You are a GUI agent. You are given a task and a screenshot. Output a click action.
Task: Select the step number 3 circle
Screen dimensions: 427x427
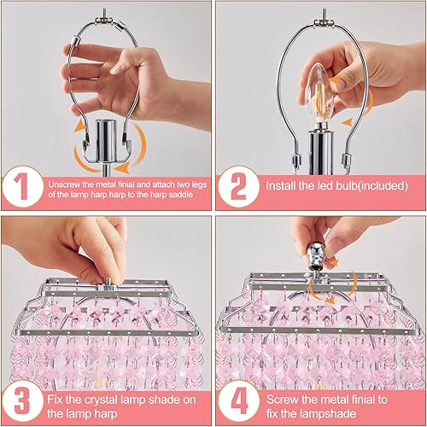point(23,401)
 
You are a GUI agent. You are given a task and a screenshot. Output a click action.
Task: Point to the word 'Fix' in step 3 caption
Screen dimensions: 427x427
point(56,395)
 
